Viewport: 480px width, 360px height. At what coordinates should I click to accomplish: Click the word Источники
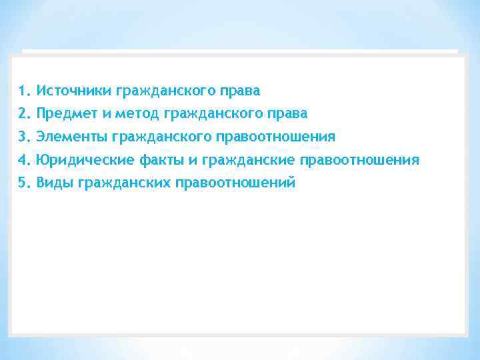pos(73,90)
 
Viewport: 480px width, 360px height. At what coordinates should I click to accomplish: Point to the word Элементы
pos(73,137)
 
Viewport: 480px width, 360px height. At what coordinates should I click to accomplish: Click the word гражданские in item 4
pos(248,160)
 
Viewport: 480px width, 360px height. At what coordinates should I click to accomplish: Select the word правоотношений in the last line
pos(234,183)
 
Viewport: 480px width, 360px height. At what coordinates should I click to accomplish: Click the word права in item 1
pos(241,90)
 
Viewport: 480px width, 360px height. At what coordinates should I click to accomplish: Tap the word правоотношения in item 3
pos(275,137)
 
